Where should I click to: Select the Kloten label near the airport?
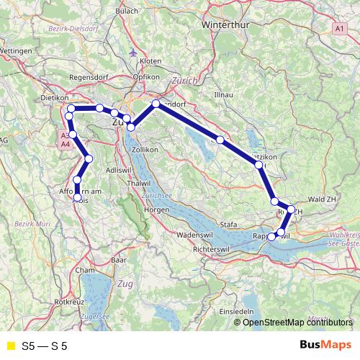tap(150, 62)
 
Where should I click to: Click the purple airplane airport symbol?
tap(133, 53)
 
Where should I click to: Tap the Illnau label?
tap(224, 94)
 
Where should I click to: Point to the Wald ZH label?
tap(322, 198)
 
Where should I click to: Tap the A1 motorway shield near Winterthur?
tap(339, 27)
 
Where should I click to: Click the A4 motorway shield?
tap(65, 145)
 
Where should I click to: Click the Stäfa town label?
tap(228, 224)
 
